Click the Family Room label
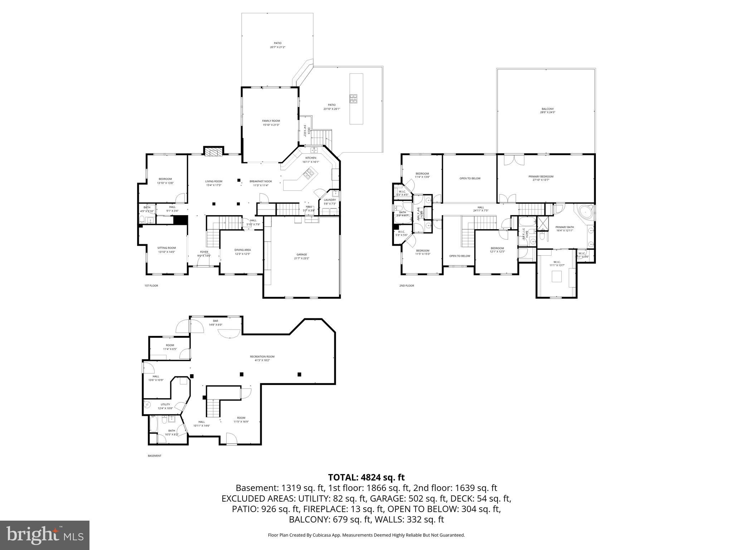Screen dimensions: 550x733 [271, 121]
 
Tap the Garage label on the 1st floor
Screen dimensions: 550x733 [301, 255]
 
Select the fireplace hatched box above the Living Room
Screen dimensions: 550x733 [214, 152]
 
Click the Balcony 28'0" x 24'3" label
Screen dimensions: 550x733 [547, 109]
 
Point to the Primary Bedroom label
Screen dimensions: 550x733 [540, 177]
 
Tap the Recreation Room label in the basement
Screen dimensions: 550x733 [262, 357]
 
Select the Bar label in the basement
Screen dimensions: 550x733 [215, 321]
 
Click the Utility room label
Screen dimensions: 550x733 [165, 405]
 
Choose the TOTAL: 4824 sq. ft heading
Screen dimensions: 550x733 [366, 477]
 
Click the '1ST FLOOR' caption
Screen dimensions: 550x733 [151, 286]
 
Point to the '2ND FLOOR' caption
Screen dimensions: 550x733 [406, 286]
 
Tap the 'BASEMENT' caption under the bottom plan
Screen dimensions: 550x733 [154, 456]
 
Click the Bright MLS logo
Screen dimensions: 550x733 [45, 535]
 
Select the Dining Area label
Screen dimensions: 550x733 [242, 250]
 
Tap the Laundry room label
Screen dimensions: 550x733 [330, 200]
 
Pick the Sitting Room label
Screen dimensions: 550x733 [166, 248]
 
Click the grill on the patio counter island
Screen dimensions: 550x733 [354, 98]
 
